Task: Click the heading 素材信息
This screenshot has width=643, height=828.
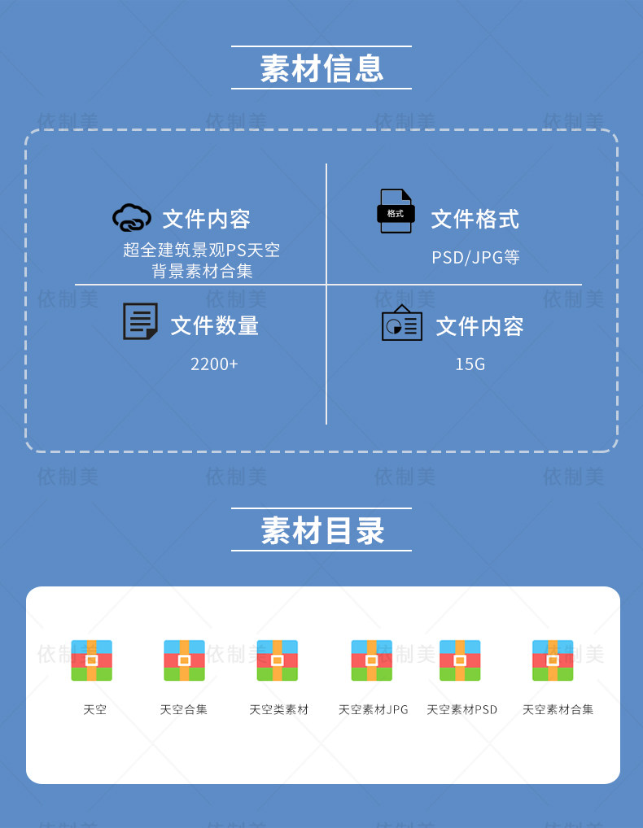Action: pyautogui.click(x=321, y=68)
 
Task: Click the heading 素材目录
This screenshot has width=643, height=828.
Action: pyautogui.click(x=321, y=530)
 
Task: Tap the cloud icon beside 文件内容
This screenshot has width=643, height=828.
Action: pyautogui.click(x=132, y=218)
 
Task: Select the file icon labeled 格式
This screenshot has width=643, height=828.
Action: pyautogui.click(x=396, y=211)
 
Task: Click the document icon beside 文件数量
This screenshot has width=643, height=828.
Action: pyautogui.click(x=140, y=321)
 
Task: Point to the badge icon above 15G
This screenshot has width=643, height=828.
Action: pyautogui.click(x=402, y=323)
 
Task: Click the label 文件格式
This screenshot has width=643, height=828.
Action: pyautogui.click(x=475, y=219)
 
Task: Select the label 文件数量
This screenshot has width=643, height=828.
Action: pyautogui.click(x=214, y=326)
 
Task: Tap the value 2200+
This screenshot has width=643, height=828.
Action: pyautogui.click(x=214, y=364)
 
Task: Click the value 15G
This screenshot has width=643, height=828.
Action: pyautogui.click(x=470, y=364)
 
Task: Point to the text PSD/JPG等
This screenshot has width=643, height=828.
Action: pyautogui.click(x=475, y=258)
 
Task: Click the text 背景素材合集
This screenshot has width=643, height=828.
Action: pyautogui.click(x=202, y=271)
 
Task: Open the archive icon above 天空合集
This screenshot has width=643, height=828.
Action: pyautogui.click(x=184, y=660)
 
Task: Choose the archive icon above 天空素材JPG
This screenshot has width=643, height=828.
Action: pyautogui.click(x=371, y=660)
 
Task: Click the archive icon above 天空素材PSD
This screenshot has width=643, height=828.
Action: pyautogui.click(x=460, y=660)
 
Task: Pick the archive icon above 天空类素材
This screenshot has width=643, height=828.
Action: pyautogui.click(x=277, y=660)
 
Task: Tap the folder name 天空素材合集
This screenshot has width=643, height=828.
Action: pyautogui.click(x=558, y=709)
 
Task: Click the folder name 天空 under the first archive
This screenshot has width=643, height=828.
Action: pyautogui.click(x=94, y=709)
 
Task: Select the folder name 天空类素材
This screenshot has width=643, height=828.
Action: pyautogui.click(x=278, y=709)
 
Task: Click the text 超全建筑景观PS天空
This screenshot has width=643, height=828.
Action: pyautogui.click(x=202, y=250)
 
